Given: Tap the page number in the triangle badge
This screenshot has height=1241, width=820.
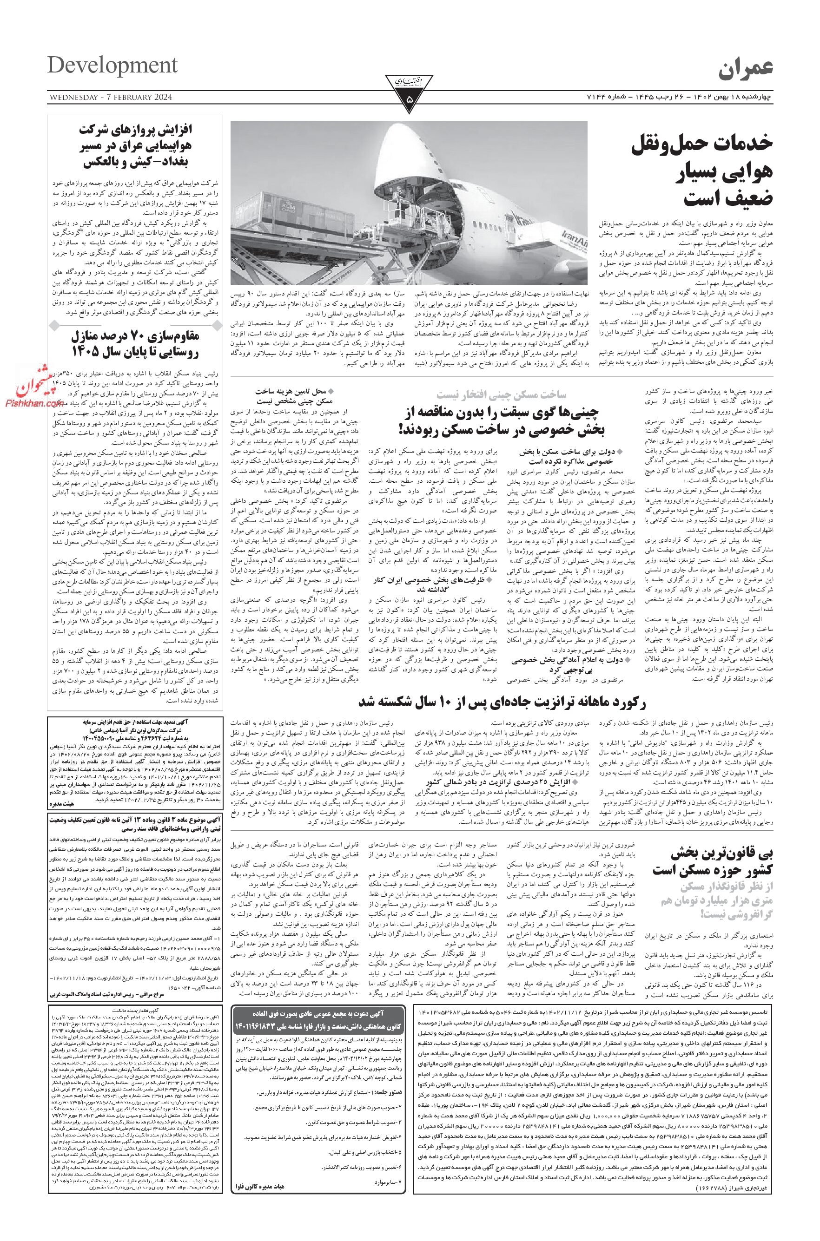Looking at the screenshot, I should [x=410, y=98].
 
